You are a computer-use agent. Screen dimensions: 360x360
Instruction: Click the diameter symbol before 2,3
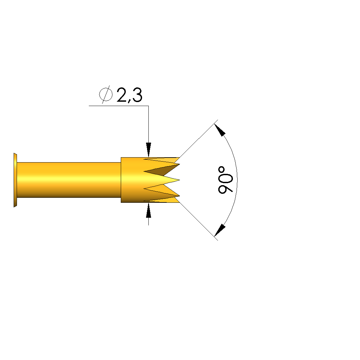[x=106, y=94]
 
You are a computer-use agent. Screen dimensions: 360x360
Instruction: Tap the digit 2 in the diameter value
[x=122, y=95]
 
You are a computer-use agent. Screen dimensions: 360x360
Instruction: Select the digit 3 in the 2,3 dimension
[x=137, y=95]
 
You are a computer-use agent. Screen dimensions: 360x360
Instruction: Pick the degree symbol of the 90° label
[x=222, y=170]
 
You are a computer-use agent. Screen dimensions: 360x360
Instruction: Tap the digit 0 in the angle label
[x=225, y=177]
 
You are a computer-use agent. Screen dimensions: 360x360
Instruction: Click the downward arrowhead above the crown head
[x=148, y=150]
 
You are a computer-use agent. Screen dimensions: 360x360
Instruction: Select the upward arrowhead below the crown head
[x=148, y=210]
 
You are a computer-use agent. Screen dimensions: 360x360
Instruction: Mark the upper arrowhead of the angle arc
[x=220, y=130]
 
